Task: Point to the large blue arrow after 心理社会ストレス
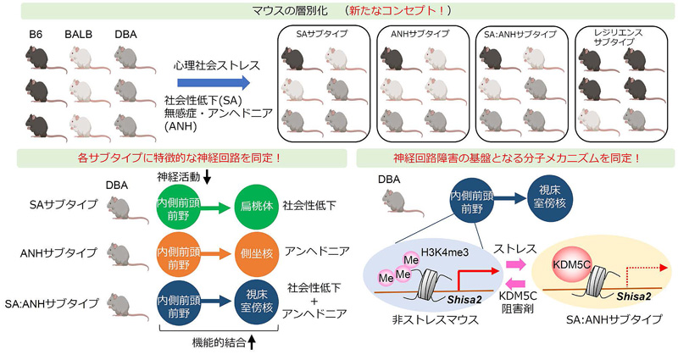point(214,81)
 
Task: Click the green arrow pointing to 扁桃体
point(218,208)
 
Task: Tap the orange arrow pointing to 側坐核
point(218,252)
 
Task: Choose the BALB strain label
point(80,36)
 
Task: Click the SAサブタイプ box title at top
point(326,35)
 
